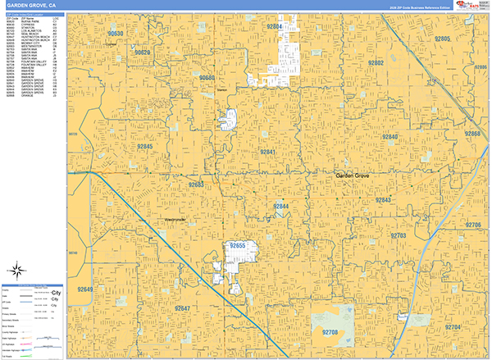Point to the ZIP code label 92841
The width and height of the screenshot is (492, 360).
point(268,153)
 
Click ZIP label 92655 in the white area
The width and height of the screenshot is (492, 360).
point(239,246)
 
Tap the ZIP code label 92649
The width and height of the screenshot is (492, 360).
point(85,289)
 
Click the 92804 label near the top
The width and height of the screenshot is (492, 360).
point(274,27)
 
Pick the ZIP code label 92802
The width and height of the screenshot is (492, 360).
point(376,63)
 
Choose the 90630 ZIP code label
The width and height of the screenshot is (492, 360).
point(116,34)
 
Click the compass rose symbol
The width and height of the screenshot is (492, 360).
point(16,271)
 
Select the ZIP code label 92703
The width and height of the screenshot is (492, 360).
point(399,236)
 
